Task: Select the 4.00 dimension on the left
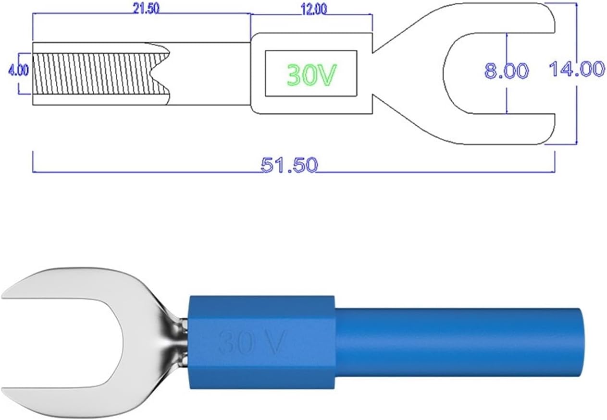[x=18, y=70]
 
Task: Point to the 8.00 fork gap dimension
[x=506, y=71]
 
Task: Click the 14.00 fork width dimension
[x=577, y=69]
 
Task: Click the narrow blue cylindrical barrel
[x=457, y=342]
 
